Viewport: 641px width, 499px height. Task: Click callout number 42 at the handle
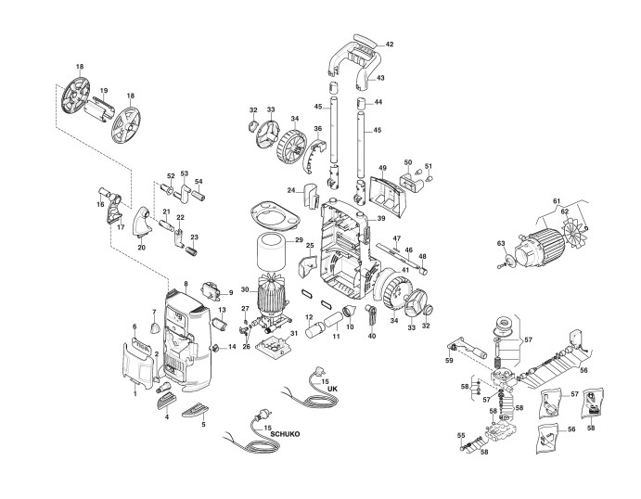390,45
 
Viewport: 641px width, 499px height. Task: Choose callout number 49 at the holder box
381,168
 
